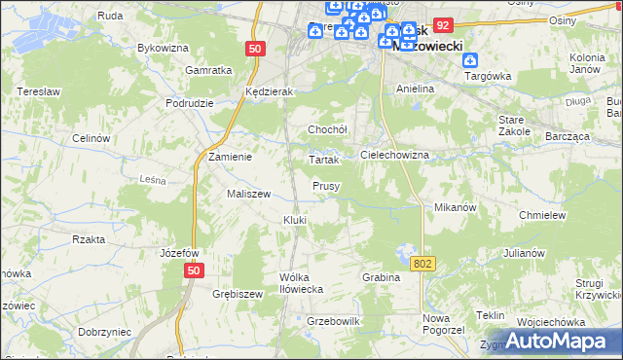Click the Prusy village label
(x=325, y=186)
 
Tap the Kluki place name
(x=295, y=220)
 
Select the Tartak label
(x=322, y=159)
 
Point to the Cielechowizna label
(x=395, y=155)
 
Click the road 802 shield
(x=422, y=264)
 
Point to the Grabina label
(x=382, y=277)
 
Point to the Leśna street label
(x=154, y=179)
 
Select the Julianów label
(x=523, y=253)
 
